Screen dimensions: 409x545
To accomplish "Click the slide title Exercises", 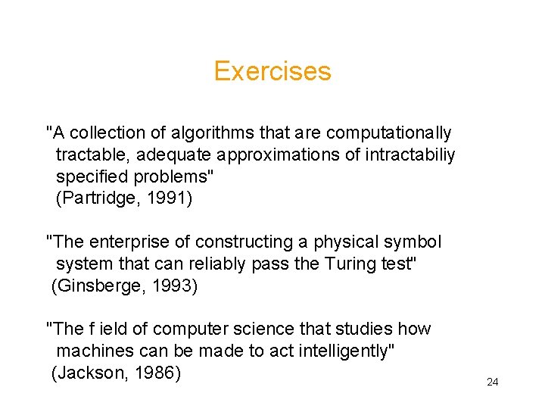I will pos(272,71).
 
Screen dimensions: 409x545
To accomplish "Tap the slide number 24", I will pos(492,382).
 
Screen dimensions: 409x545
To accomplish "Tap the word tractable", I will pos(88,155).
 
